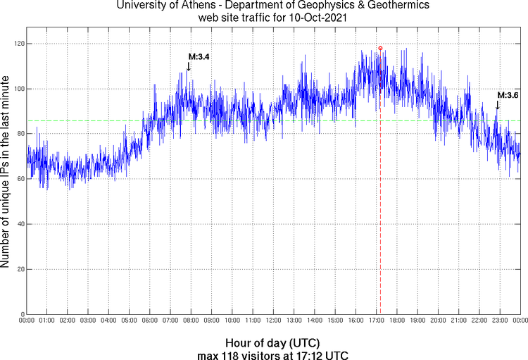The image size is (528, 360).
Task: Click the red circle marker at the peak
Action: point(380,48)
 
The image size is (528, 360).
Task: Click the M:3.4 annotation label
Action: point(198,56)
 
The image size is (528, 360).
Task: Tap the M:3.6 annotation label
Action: point(508,95)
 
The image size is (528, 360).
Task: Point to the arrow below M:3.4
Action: point(189,66)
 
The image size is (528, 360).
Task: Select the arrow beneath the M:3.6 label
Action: point(498,105)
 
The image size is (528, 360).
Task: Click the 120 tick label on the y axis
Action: point(18,44)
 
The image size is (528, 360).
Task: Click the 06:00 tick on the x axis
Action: point(150,321)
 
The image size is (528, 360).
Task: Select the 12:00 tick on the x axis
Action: point(273,321)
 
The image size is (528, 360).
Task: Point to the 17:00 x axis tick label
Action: point(376,321)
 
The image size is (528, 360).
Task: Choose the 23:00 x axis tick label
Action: point(499,321)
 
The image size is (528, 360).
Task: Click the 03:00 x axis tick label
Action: point(88,321)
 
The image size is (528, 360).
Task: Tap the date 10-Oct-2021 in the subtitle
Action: point(312,18)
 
